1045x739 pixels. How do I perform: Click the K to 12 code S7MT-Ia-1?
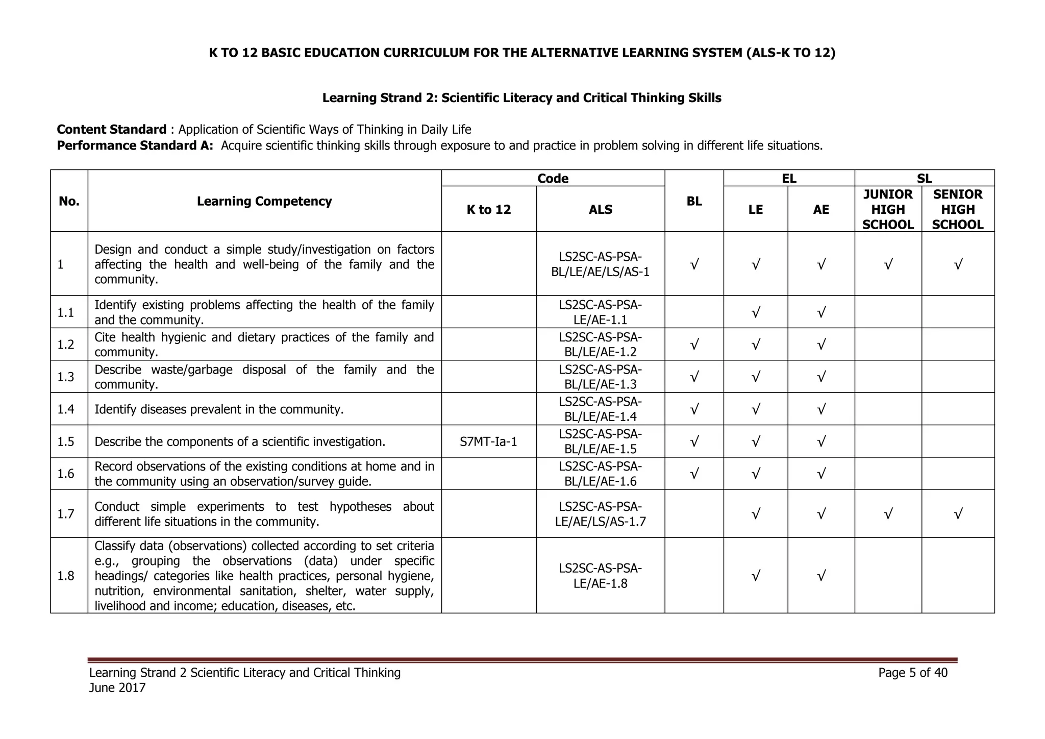488,441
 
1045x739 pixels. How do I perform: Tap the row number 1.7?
66,514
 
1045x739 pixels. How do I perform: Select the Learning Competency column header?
264,201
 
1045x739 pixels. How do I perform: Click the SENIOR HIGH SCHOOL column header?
958,209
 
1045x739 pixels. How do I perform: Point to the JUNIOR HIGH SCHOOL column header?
888,209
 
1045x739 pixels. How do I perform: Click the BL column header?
694,201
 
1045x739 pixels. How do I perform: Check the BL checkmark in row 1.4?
694,409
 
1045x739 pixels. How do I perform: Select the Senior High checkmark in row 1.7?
958,514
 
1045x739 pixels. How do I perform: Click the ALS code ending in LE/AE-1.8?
600,576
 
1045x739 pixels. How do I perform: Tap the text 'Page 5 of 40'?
912,673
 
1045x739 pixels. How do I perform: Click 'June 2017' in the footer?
117,688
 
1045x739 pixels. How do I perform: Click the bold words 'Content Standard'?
112,130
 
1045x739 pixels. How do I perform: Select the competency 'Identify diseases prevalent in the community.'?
219,409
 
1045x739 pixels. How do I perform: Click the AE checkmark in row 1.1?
821,312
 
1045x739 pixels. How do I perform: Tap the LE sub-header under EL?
755,209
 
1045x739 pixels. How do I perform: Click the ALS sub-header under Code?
600,209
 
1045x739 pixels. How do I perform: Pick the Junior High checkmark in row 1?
888,264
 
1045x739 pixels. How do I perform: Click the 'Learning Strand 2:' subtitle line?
521,98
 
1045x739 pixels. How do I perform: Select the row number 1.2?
66,344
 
